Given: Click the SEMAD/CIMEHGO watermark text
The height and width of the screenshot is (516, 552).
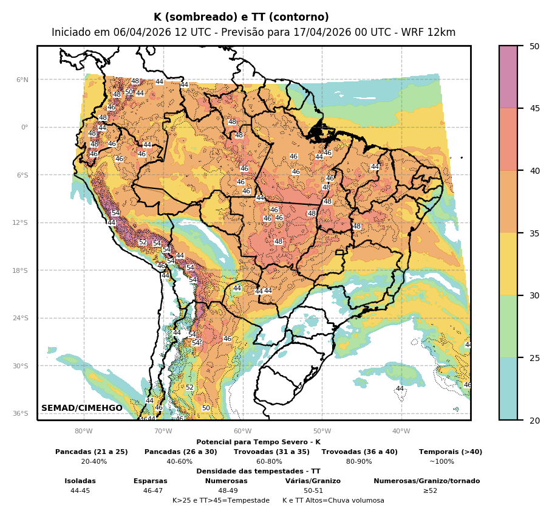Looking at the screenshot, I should click(x=82, y=408).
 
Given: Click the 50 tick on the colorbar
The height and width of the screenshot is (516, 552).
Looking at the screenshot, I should click(x=534, y=46).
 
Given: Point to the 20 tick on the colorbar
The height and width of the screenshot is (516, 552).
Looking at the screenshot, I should click(x=534, y=420).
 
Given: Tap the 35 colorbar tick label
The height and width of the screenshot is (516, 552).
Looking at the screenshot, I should click(x=534, y=233).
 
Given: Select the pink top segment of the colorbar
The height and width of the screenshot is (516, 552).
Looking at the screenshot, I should click(x=508, y=77).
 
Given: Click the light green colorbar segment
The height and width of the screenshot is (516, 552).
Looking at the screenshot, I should click(x=508, y=326).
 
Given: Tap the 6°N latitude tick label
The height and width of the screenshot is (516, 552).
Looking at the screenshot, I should click(x=22, y=80).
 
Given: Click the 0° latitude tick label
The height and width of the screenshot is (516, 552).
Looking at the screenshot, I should click(x=24, y=127).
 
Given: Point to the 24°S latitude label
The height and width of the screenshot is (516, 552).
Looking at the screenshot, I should click(x=21, y=318).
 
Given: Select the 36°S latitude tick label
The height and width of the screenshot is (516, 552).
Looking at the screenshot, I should click(x=21, y=413).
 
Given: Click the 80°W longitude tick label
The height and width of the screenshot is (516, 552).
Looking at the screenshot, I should click(x=84, y=432).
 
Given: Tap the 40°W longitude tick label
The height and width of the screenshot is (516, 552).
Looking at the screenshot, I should click(x=401, y=432).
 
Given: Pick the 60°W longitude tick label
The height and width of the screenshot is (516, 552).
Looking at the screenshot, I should click(x=242, y=432).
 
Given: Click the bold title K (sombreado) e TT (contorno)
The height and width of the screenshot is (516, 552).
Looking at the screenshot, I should click(x=241, y=17).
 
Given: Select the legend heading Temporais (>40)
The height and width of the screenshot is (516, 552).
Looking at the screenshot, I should click(x=451, y=452).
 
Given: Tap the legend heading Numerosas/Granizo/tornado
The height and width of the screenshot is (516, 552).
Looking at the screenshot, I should click(x=426, y=481).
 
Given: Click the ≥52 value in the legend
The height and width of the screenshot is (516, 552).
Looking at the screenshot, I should click(x=430, y=490).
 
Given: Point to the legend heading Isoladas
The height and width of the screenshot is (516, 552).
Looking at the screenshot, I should click(x=80, y=481).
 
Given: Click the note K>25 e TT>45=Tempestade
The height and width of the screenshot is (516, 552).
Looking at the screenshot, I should click(x=221, y=500).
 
